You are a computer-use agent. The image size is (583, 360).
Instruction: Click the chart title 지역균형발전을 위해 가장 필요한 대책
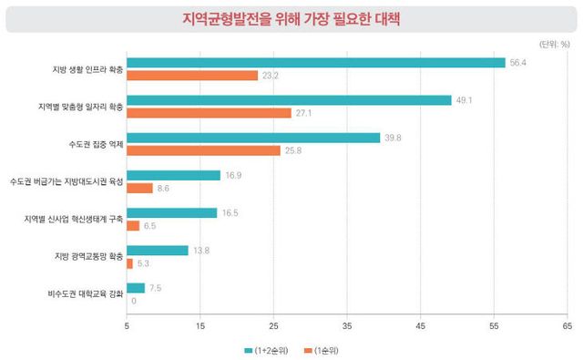[x=291, y=17]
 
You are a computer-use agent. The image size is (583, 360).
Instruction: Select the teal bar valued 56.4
[x=315, y=63]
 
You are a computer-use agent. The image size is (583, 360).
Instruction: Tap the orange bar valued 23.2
[x=192, y=76]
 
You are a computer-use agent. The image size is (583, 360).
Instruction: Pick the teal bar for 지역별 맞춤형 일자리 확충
[x=289, y=100]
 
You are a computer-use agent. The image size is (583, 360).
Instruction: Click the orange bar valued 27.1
[x=209, y=113]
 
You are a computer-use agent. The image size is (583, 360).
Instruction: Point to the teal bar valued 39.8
[x=253, y=138]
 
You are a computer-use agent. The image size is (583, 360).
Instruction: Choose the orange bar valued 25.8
[x=203, y=150]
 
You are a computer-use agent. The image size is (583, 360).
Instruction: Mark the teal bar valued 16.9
[x=173, y=175]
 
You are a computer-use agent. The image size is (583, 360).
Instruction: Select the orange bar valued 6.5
[x=133, y=225]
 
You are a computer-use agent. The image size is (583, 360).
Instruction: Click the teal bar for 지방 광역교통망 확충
[x=157, y=251]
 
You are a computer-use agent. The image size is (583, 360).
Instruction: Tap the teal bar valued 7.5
[x=135, y=288]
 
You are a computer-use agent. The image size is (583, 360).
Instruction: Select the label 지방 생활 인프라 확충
[x=87, y=69]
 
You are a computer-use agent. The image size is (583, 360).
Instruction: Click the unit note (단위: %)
[x=552, y=44]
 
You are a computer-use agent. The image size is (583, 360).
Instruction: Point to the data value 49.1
[x=465, y=100]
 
